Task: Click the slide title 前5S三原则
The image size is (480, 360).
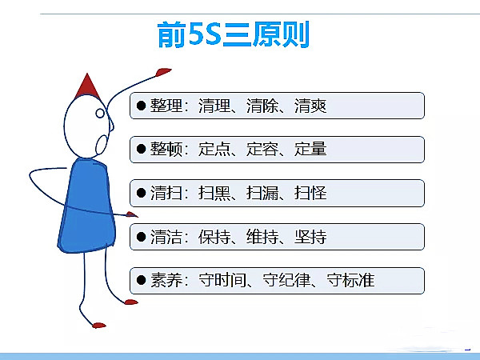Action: point(233,34)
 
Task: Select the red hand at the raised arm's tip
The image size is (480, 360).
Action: point(163,72)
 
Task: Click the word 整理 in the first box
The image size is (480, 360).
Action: point(167,106)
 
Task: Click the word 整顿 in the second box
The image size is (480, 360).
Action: point(167,150)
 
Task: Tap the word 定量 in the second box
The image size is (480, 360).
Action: point(310,150)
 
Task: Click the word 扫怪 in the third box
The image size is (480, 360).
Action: point(310,194)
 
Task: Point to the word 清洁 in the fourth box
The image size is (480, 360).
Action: point(167,238)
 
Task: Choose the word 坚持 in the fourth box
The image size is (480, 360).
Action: point(310,238)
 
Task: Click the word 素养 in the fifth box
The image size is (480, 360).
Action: point(167,281)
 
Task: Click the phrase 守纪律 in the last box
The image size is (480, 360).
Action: point(286,281)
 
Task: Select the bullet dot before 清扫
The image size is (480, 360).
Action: point(142,194)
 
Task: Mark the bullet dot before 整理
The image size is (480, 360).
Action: point(142,106)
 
